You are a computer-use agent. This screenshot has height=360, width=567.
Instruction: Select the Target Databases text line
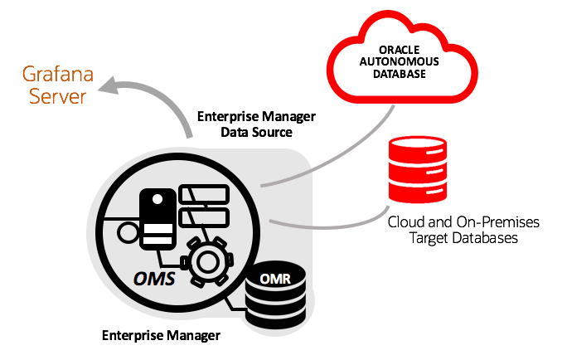[x=463, y=238]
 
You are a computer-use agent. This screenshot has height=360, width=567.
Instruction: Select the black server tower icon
[x=157, y=217]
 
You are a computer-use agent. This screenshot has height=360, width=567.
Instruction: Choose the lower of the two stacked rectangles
[x=203, y=217]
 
